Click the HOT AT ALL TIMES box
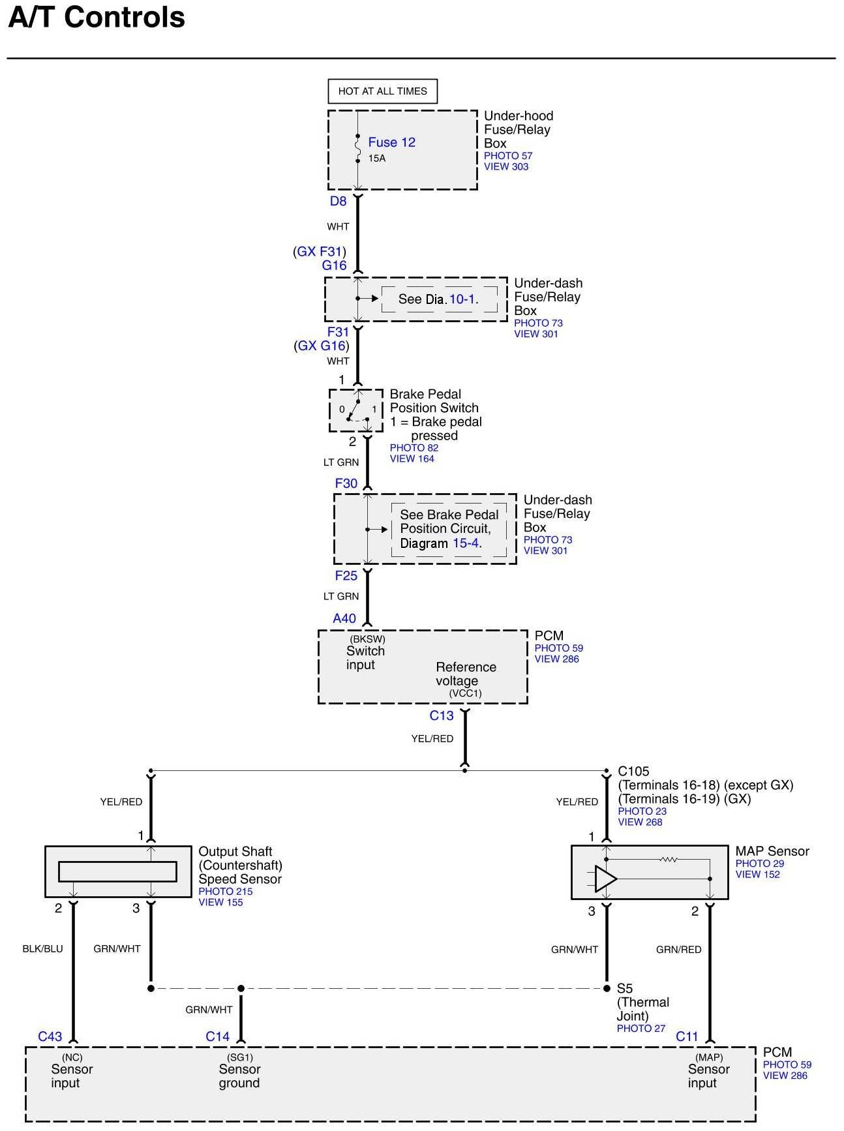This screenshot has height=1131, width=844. [x=382, y=91]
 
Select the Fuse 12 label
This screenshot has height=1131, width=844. [x=391, y=142]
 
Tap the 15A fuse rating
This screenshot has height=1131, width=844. [x=377, y=158]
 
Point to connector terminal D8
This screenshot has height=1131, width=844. [x=338, y=201]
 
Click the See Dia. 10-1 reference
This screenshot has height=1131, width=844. [x=438, y=299]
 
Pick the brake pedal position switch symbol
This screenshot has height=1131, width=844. [x=356, y=410]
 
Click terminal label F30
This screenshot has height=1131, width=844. [x=346, y=483]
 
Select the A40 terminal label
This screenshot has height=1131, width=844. [x=344, y=618]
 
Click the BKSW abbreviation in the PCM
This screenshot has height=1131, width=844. [x=367, y=639]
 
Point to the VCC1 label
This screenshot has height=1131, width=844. [x=465, y=693]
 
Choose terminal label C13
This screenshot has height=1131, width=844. [x=442, y=716]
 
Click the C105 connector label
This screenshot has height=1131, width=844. [x=633, y=771]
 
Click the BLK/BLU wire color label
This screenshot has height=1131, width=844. [x=43, y=949]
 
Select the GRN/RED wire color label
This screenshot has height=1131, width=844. [x=679, y=950]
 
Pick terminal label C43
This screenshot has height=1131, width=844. [x=50, y=1036]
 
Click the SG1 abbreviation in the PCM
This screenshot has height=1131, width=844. [x=240, y=1057]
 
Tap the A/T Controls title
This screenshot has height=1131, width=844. [x=97, y=18]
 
